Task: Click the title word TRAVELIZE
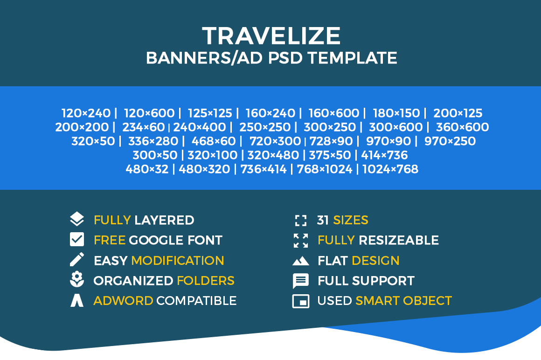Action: [x=271, y=35]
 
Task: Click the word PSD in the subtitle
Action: [x=285, y=58]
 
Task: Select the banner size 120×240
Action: [x=86, y=113]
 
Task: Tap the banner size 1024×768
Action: [x=390, y=169]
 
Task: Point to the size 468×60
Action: [x=214, y=141]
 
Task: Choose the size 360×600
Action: [x=462, y=127]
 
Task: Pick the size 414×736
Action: [x=384, y=155]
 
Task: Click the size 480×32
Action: [x=147, y=169]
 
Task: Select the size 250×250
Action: [x=265, y=127]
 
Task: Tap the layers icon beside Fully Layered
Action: [x=76, y=219]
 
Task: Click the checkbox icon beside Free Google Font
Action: [x=76, y=239]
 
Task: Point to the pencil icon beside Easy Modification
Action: [x=76, y=259]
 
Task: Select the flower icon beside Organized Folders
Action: [x=76, y=279]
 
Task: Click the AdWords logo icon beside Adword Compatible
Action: [x=76, y=300]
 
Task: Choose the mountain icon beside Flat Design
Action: [x=301, y=261]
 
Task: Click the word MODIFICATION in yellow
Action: [x=178, y=261]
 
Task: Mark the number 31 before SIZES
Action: [x=323, y=220]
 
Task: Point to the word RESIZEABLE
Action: [x=398, y=240]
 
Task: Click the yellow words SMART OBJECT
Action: [x=404, y=301]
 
